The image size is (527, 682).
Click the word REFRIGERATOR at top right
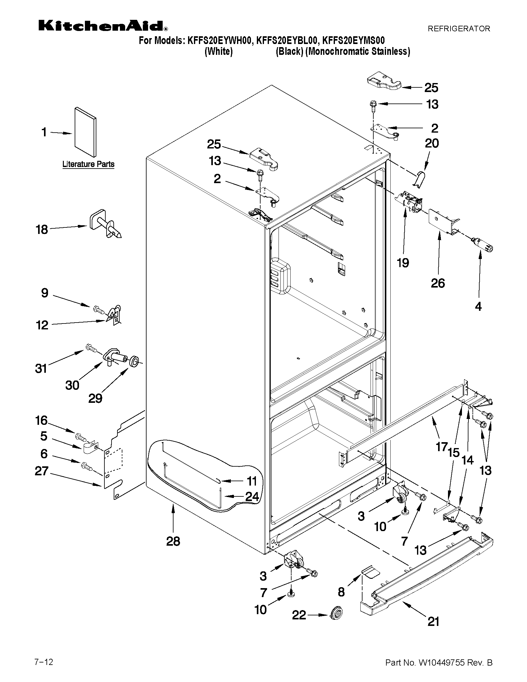pos(459,29)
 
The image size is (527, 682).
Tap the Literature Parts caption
pos(88,164)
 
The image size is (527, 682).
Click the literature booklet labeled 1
pos(85,132)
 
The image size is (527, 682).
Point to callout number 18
pos(42,230)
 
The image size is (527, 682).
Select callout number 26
pos(437,283)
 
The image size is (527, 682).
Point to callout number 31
pos(41,368)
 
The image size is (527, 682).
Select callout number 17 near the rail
pos(441,447)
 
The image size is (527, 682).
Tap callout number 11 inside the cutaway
pos(252,481)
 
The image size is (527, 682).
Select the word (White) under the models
pos(218,51)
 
